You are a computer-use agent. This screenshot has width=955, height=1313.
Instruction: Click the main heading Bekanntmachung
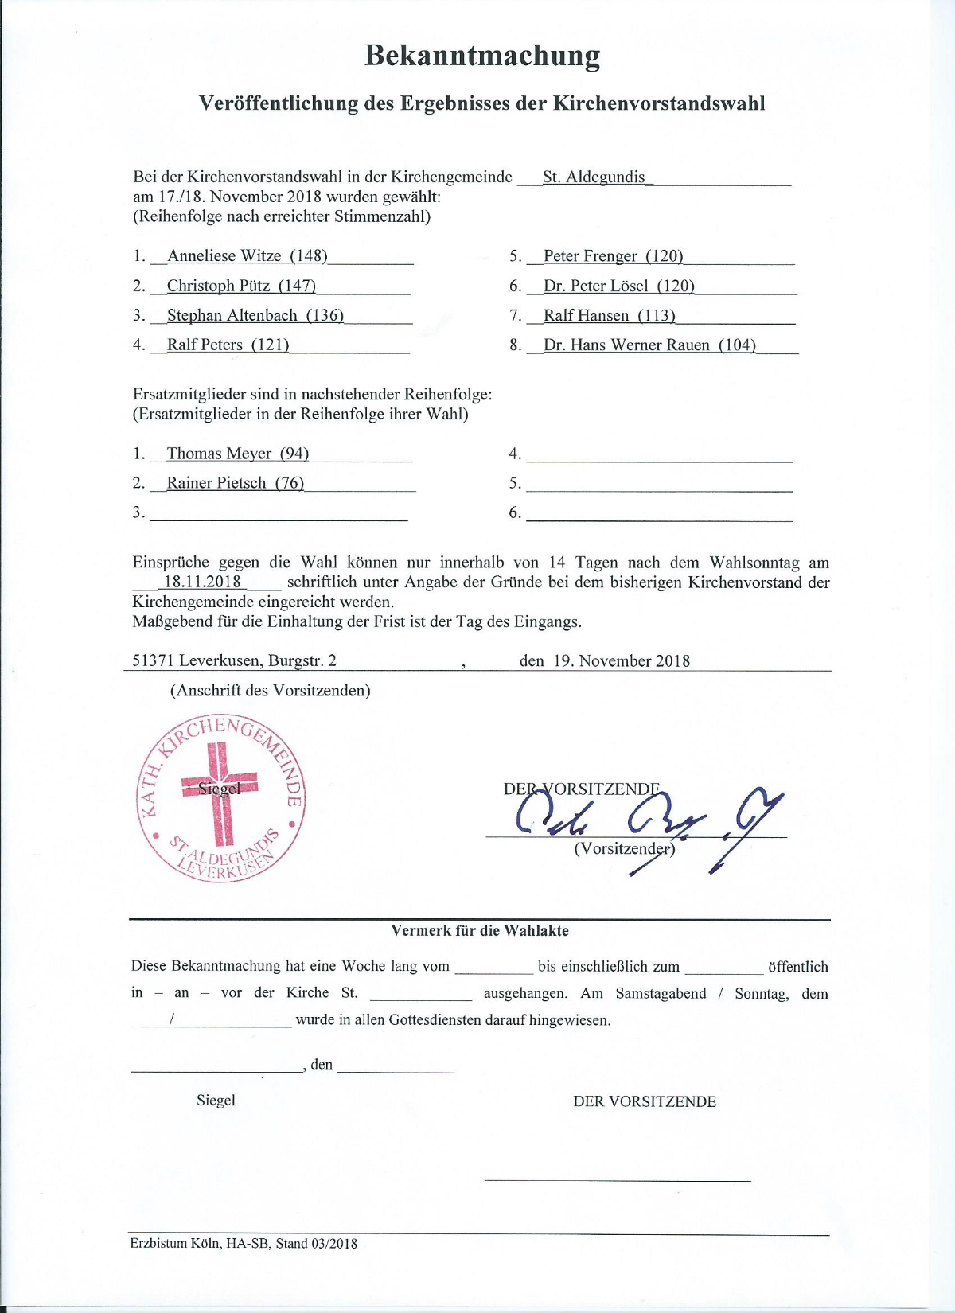(482, 56)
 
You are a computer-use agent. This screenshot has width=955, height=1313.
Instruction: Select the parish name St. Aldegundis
(594, 177)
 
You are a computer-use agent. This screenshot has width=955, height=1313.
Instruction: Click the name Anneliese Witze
(224, 255)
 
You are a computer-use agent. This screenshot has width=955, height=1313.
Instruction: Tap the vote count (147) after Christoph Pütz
(297, 286)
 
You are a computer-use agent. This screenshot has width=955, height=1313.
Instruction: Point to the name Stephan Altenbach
(232, 315)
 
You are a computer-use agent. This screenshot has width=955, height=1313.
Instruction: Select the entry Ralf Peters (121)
(228, 345)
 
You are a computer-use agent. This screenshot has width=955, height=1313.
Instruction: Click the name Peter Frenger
(590, 255)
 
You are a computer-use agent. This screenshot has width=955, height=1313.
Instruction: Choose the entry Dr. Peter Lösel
(595, 286)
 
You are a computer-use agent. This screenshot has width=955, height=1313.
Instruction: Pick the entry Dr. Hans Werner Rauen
(626, 345)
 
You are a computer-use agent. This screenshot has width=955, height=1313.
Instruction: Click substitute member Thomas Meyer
(219, 454)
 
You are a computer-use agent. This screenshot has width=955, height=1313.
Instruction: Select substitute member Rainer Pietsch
(216, 483)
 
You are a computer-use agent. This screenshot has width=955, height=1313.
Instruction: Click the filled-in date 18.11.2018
(202, 582)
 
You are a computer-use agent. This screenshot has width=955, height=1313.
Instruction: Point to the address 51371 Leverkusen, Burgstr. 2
(234, 660)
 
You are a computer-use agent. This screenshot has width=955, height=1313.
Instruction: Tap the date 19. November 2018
(622, 660)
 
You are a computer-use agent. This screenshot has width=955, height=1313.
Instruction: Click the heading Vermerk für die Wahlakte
(480, 930)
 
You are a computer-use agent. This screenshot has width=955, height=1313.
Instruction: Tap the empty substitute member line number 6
(659, 512)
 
